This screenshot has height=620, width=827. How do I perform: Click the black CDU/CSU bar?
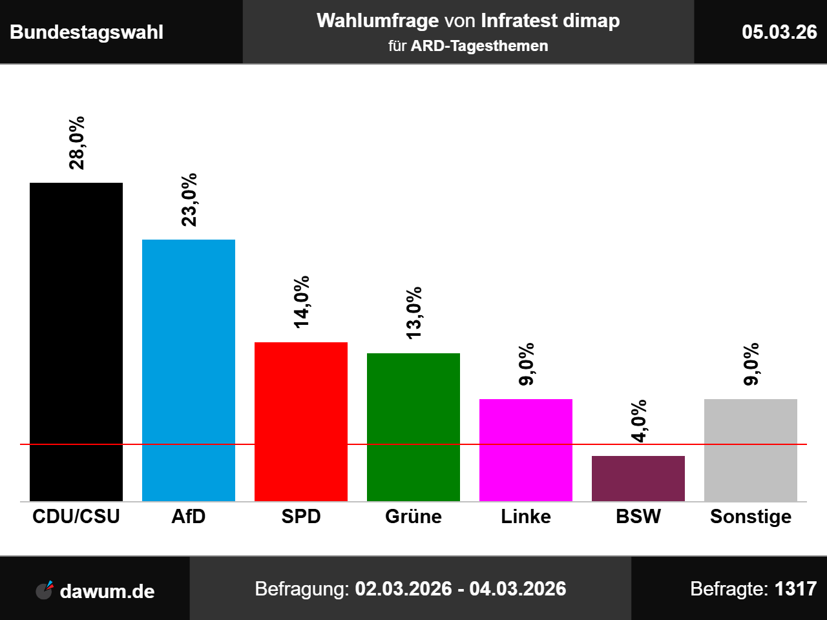(x=76, y=342)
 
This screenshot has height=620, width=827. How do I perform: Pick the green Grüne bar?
(x=413, y=427)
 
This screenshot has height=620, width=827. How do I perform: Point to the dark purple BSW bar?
(x=638, y=478)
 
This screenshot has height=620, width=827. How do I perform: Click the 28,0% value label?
(x=77, y=143)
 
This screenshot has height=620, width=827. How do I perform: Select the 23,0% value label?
(x=189, y=200)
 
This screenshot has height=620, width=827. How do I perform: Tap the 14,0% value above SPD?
(x=302, y=302)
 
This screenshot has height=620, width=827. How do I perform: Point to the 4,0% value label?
(x=639, y=421)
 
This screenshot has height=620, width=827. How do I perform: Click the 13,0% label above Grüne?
(x=414, y=313)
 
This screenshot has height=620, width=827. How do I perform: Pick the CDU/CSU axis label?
(x=76, y=517)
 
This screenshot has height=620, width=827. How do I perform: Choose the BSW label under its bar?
(x=638, y=517)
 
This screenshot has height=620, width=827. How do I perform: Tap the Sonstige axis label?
(x=751, y=517)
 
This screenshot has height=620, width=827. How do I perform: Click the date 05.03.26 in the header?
(x=779, y=32)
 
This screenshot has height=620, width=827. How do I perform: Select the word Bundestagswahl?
(x=87, y=32)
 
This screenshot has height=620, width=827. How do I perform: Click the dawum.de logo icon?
(x=45, y=590)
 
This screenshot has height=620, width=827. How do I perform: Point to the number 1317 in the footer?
(x=795, y=589)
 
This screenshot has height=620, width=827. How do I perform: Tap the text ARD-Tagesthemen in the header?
(x=479, y=46)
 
